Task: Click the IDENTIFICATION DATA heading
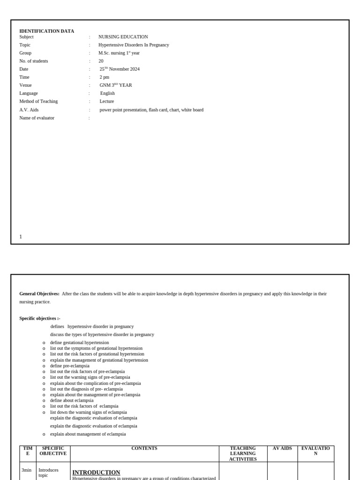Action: click(x=46, y=31)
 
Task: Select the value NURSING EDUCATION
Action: click(x=123, y=37)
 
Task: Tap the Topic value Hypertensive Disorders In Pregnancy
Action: click(x=134, y=45)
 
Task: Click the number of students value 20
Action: click(x=101, y=61)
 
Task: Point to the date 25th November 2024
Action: click(x=120, y=69)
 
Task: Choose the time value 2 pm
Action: click(x=104, y=77)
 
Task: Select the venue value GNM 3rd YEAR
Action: click(x=115, y=85)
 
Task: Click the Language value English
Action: click(x=107, y=93)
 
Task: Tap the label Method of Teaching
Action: click(x=38, y=101)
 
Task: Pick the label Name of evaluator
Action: click(x=37, y=118)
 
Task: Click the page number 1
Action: click(x=21, y=237)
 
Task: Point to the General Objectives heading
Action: click(x=39, y=294)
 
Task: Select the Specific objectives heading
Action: click(x=40, y=318)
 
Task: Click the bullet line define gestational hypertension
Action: click(x=79, y=343)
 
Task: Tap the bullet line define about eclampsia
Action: click(x=72, y=400)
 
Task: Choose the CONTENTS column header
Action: click(x=144, y=449)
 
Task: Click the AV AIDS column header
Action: click(x=282, y=449)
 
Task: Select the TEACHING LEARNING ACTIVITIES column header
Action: click(x=243, y=454)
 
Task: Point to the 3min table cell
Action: click(x=27, y=469)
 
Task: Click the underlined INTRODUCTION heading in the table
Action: click(x=96, y=472)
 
